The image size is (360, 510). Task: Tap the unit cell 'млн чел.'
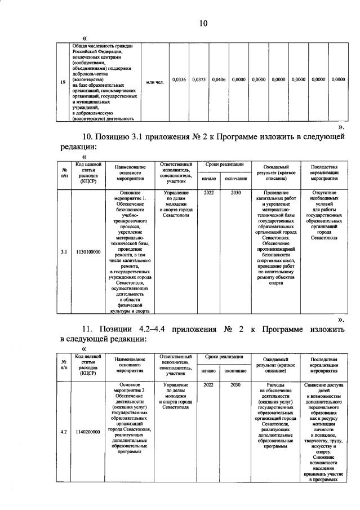(x=155, y=82)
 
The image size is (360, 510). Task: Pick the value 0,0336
(x=179, y=80)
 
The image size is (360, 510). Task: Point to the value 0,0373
(x=199, y=80)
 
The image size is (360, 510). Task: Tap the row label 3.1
(x=65, y=252)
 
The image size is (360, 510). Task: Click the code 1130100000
(x=88, y=252)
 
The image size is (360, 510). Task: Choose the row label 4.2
(x=65, y=432)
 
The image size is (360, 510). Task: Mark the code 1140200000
(x=88, y=432)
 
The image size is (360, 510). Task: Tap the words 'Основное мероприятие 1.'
(x=130, y=196)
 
